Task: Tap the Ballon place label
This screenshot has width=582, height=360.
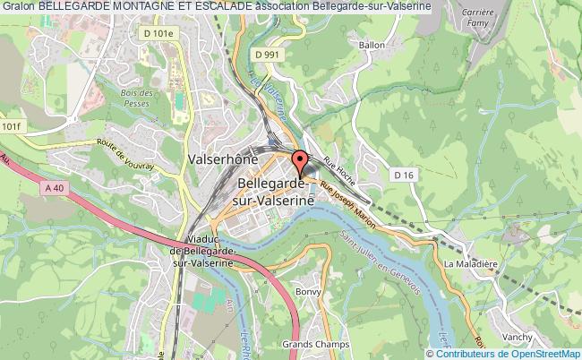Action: pyautogui.click(x=372, y=44)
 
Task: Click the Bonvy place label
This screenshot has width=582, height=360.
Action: pyautogui.click(x=307, y=291)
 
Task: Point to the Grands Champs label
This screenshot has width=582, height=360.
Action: pyautogui.click(x=310, y=343)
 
